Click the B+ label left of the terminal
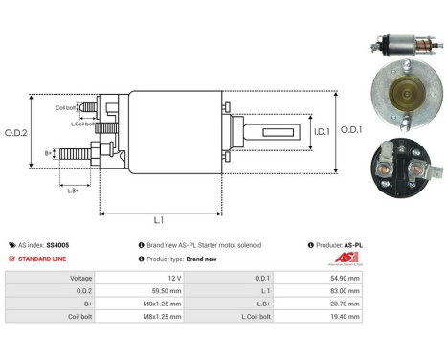point(48,153)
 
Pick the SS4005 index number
point(57,245)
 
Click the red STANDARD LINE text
point(44,259)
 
